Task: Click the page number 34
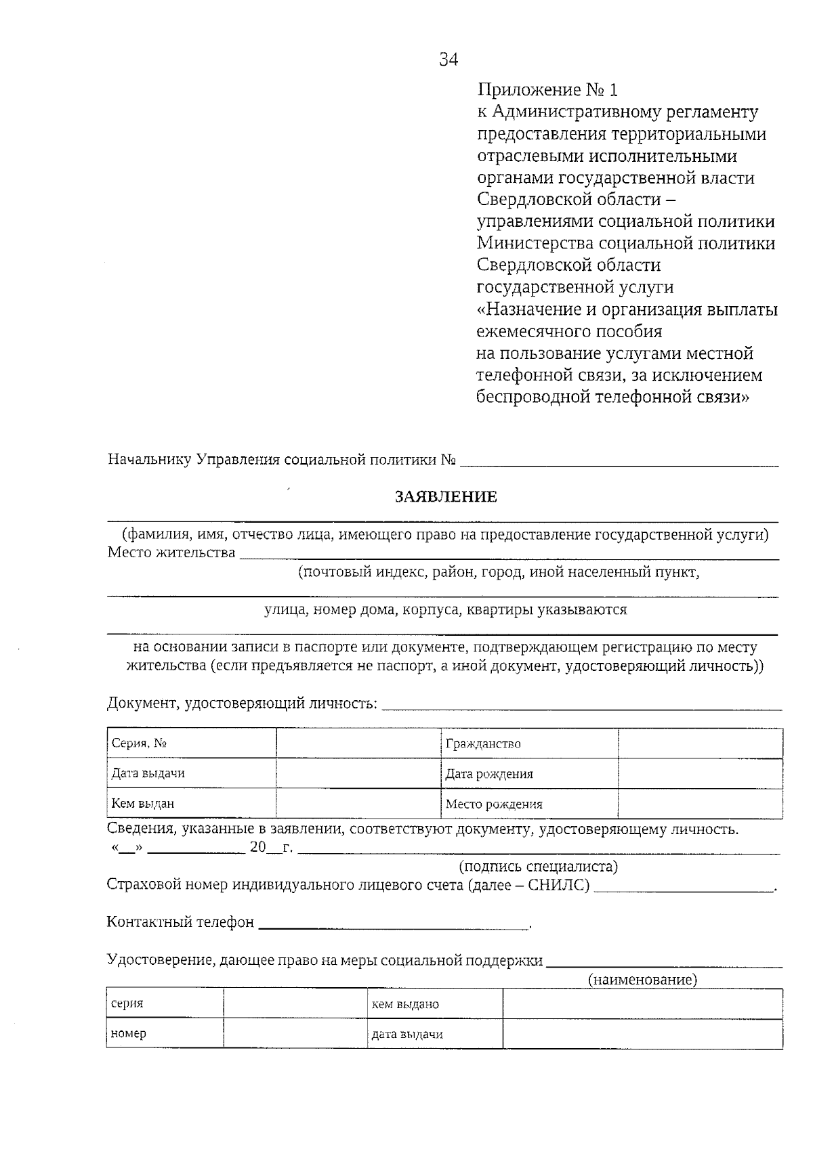tap(449, 60)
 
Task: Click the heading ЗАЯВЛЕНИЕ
tap(446, 497)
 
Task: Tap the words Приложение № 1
tap(547, 89)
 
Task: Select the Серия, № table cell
tap(191, 743)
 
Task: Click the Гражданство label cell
tap(528, 743)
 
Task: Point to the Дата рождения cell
tap(528, 774)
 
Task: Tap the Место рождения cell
tap(528, 804)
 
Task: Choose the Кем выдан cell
tap(191, 804)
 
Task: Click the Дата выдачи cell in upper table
tap(191, 773)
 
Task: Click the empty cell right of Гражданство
tap(700, 743)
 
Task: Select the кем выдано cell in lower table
tap(434, 1004)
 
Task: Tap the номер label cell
tap(165, 1034)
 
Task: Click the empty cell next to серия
tap(295, 1004)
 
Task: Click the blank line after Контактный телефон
tap(393, 924)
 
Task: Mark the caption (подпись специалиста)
tap(539, 867)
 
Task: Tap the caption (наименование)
tap(642, 980)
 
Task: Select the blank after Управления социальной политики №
tap(618, 460)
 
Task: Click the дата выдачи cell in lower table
tap(434, 1034)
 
